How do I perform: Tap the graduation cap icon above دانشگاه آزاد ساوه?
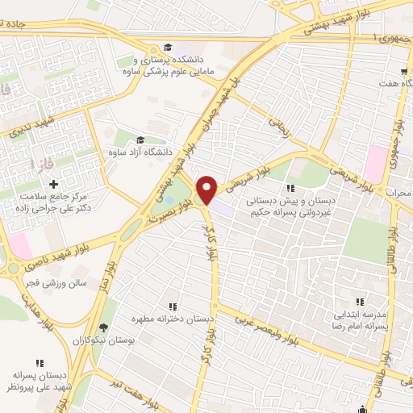141,139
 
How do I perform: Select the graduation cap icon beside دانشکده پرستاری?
168,47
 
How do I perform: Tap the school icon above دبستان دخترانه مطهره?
173,306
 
